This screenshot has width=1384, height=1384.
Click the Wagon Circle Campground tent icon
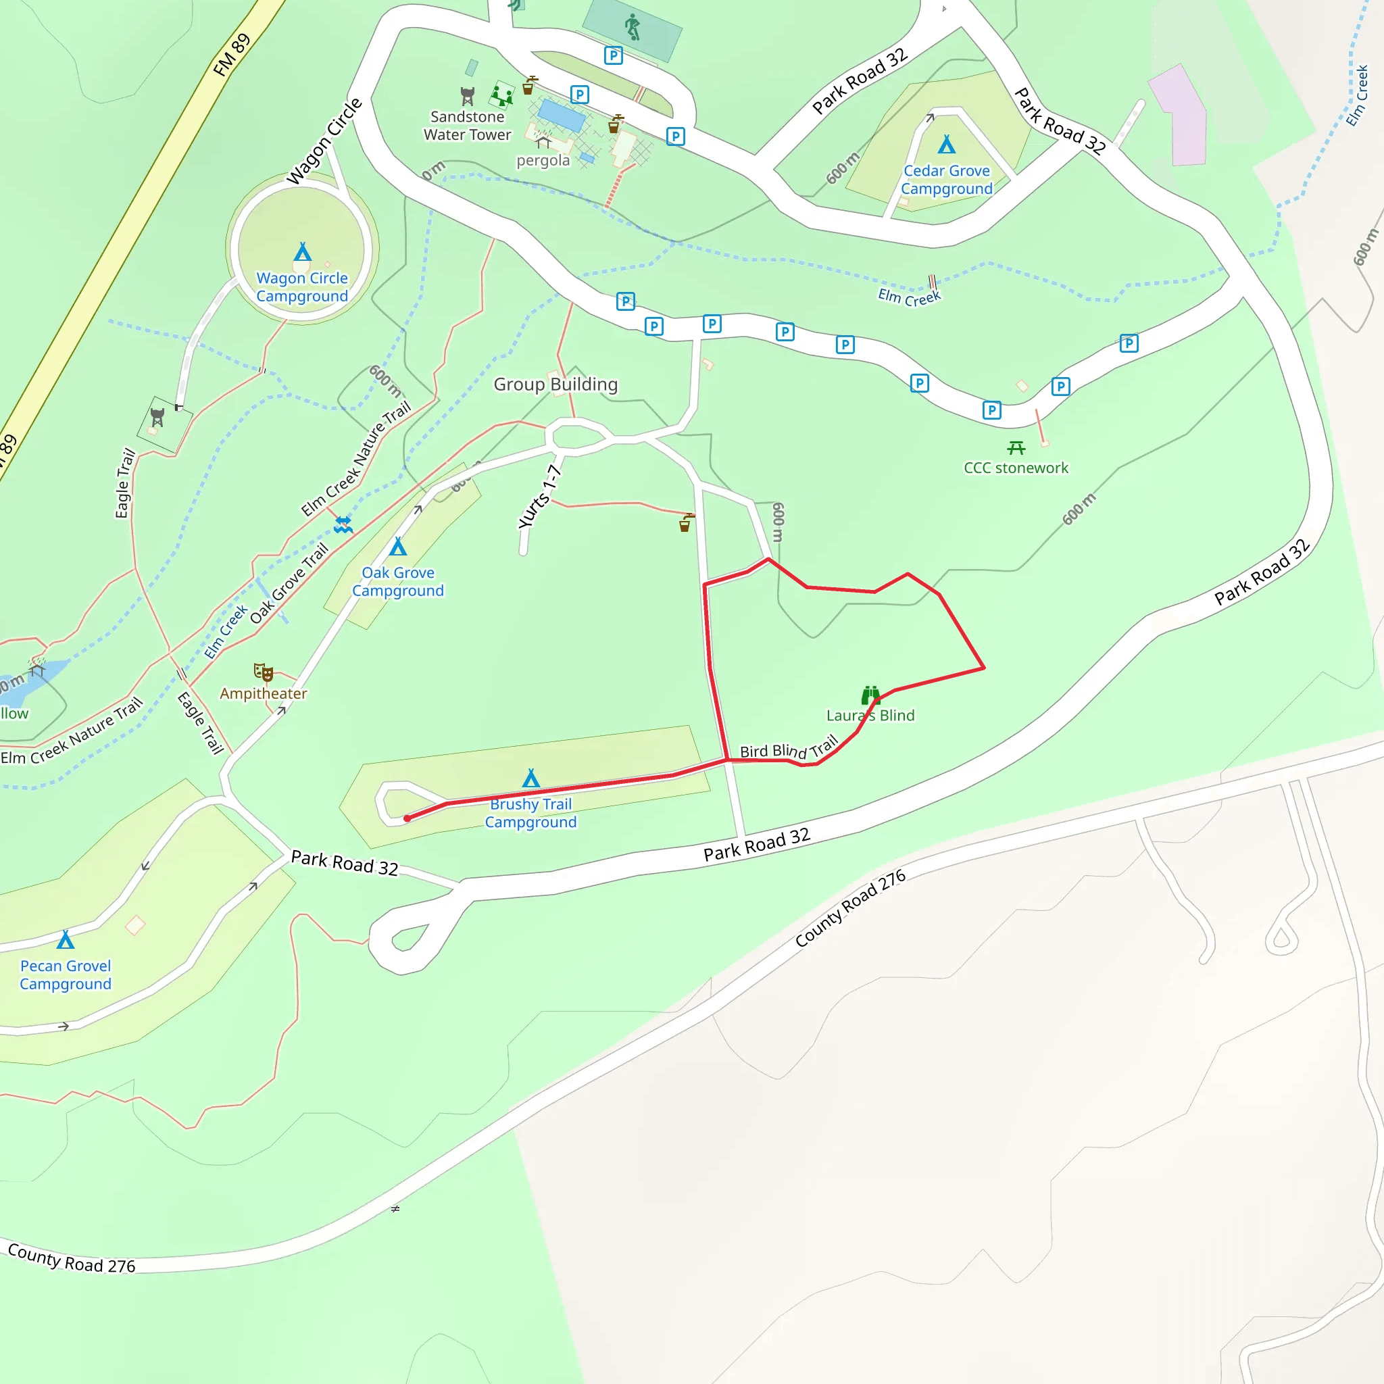302,252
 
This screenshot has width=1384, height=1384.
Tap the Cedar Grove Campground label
946,180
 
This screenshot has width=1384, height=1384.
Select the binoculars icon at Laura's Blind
870,695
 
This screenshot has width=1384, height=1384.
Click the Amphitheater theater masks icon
264,672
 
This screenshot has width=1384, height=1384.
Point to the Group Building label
555,385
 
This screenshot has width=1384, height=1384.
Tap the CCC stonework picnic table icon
1016,449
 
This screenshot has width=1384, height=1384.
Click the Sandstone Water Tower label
467,126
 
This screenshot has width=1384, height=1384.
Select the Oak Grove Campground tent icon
398,547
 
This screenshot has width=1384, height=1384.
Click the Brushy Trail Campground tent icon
530,778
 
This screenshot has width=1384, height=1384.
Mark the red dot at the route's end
407,818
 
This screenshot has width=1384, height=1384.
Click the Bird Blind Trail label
788,749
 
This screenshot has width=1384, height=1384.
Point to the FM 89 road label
232,55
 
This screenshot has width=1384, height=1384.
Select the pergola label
543,160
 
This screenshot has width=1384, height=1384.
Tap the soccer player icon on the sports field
632,27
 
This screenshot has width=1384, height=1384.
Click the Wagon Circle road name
324,142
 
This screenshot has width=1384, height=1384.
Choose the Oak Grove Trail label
289,583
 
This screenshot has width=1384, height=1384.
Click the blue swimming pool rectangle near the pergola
562,115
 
